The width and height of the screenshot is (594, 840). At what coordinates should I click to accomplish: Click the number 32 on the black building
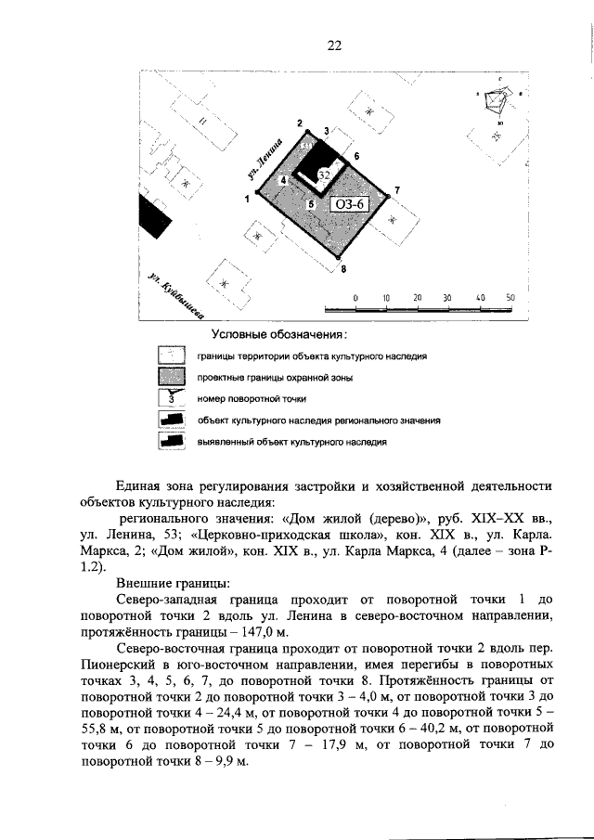pyautogui.click(x=324, y=174)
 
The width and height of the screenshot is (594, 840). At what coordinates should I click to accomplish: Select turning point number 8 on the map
pyautogui.click(x=342, y=269)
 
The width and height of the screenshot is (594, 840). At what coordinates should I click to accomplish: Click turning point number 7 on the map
pyautogui.click(x=396, y=190)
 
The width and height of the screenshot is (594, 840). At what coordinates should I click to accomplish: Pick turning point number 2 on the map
pyautogui.click(x=300, y=123)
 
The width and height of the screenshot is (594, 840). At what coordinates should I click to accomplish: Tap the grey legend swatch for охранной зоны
pyautogui.click(x=171, y=377)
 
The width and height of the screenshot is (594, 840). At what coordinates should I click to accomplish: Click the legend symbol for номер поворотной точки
pyautogui.click(x=171, y=398)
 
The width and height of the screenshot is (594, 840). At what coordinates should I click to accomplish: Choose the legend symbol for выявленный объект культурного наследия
pyautogui.click(x=171, y=442)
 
